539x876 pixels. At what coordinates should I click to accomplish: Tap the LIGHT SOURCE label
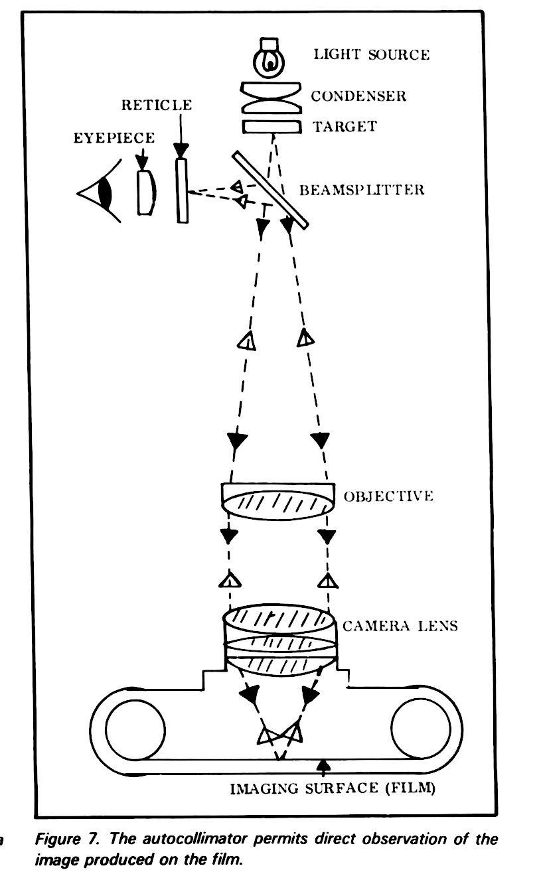(x=371, y=54)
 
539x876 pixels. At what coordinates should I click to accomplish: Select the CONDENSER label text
(x=358, y=97)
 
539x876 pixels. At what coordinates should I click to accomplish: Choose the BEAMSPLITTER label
(x=361, y=191)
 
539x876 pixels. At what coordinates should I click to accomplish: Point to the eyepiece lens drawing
(x=147, y=192)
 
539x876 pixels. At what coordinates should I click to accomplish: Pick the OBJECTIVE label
(x=388, y=496)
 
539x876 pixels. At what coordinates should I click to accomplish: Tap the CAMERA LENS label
(x=400, y=626)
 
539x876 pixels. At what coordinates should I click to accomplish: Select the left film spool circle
(x=136, y=729)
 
